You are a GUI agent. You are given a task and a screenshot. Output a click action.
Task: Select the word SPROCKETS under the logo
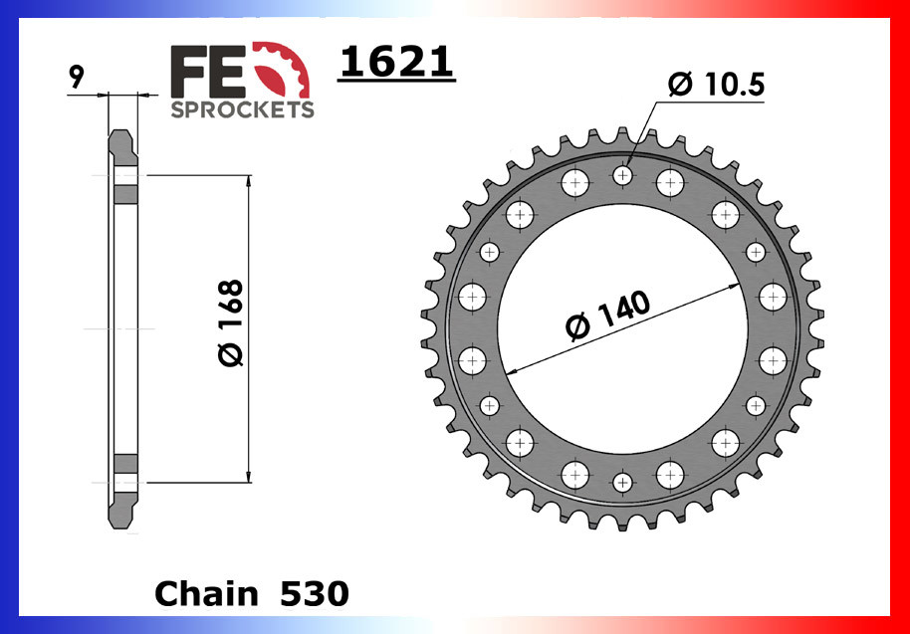[242, 109]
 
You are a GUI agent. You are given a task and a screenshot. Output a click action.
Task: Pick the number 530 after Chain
[314, 594]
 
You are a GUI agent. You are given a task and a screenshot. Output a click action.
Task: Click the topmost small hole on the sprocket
[623, 176]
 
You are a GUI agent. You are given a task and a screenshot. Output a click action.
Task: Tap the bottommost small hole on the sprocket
[623, 483]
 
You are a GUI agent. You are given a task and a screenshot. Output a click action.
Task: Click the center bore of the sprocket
[623, 329]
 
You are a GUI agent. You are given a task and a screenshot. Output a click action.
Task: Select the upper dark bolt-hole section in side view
[125, 192]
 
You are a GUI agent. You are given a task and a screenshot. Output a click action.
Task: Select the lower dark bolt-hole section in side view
[125, 465]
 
